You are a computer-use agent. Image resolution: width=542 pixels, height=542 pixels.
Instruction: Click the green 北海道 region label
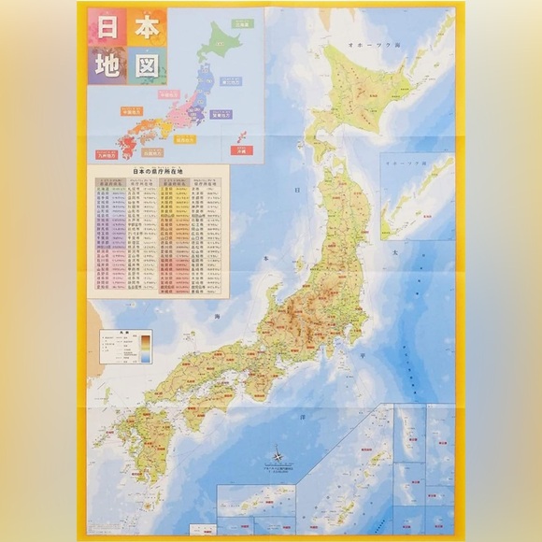(242, 26)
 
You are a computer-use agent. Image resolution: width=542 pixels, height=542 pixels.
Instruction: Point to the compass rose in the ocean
(278, 457)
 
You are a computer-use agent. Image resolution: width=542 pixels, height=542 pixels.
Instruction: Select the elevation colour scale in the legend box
(144, 350)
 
